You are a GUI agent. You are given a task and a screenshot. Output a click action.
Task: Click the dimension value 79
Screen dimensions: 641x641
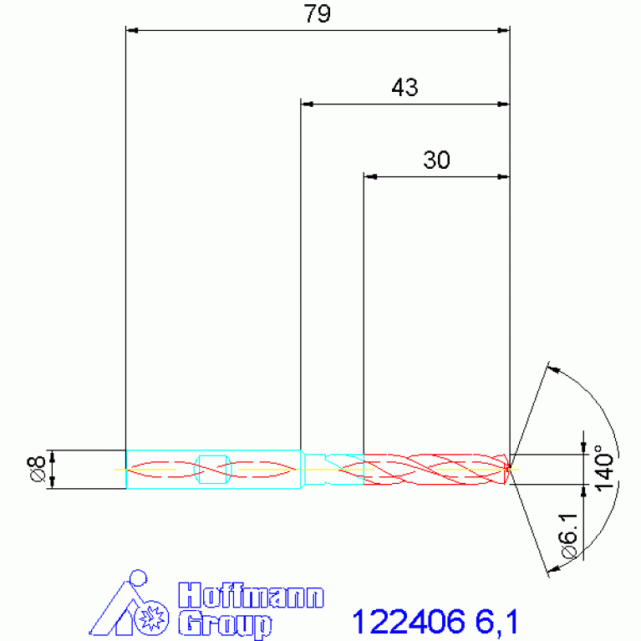pyautogui.click(x=317, y=13)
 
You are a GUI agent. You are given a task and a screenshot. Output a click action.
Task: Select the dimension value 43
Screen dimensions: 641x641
pyautogui.click(x=404, y=87)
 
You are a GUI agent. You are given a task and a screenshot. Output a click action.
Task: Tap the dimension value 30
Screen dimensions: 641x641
pyautogui.click(x=436, y=160)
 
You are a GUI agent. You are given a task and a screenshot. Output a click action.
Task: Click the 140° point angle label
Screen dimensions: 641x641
pyautogui.click(x=604, y=467)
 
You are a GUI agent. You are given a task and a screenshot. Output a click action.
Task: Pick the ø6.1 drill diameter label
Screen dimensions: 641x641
pyautogui.click(x=570, y=536)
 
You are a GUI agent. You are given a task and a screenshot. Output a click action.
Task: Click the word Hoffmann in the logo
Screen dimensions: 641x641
pyautogui.click(x=251, y=596)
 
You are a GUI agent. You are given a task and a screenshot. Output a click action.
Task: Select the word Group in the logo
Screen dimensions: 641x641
pyautogui.click(x=226, y=624)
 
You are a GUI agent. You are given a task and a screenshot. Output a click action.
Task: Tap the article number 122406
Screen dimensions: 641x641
pyautogui.click(x=409, y=622)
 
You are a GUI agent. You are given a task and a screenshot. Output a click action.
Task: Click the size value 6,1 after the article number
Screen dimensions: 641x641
pyautogui.click(x=496, y=622)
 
